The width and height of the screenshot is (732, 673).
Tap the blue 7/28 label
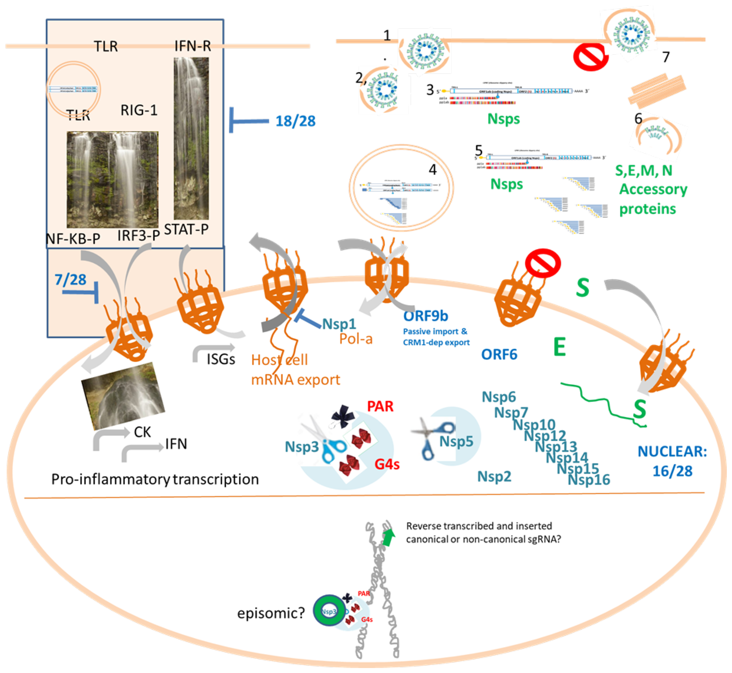coord(70,280)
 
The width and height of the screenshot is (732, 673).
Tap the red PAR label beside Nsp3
coord(380,406)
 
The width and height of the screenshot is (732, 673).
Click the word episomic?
coord(271,613)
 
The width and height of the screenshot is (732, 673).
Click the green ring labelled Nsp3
coord(329,612)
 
